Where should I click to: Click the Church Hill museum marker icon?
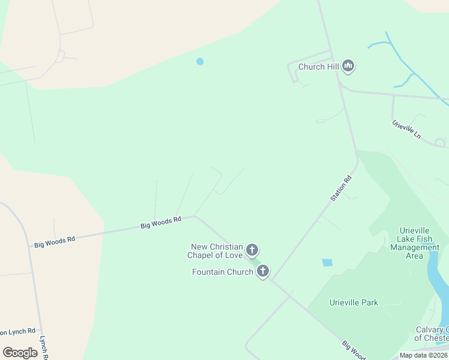(348, 66)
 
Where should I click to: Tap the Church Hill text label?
(319, 67)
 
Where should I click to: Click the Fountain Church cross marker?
(262, 272)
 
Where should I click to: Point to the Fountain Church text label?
(222, 272)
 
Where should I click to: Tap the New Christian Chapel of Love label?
(217, 251)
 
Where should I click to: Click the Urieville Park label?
(354, 302)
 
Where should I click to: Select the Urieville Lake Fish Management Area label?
(415, 243)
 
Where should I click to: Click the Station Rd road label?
(340, 188)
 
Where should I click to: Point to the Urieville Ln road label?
(406, 130)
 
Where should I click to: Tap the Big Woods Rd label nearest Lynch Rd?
(55, 241)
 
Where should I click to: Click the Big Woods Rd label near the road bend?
(161, 223)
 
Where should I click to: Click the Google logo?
(20, 353)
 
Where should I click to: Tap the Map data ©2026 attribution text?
(423, 355)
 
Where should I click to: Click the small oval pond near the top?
(200, 61)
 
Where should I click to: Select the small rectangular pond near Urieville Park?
(327, 262)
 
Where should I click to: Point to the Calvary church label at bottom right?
(432, 333)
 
